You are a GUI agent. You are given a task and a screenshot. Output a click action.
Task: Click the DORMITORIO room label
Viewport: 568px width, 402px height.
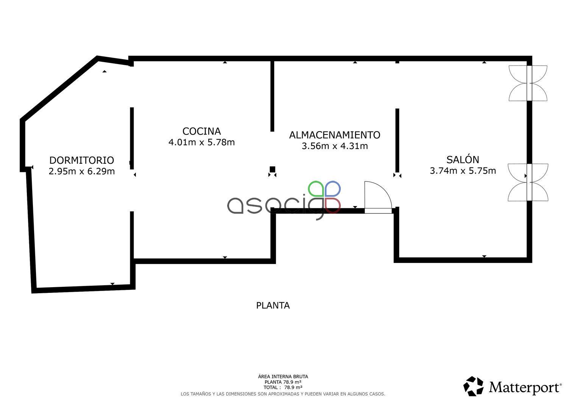82,160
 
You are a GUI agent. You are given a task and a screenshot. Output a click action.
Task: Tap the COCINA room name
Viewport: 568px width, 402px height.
201,131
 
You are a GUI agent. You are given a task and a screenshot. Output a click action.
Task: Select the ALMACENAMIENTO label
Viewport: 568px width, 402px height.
335,135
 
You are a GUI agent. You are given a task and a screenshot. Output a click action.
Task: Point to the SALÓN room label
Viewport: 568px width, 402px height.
463,159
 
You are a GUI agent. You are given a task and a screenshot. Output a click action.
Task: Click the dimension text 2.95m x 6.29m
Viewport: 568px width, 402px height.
82,171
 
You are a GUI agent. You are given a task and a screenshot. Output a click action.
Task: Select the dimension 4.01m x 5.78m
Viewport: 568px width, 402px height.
201,142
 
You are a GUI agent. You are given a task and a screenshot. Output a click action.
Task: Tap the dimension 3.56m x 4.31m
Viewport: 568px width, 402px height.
335,146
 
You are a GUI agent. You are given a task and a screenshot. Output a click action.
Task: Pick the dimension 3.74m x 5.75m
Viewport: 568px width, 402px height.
463,170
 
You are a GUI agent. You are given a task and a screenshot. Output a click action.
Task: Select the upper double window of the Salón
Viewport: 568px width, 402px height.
528,83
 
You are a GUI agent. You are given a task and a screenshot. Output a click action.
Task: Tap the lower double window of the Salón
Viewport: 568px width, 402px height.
528,183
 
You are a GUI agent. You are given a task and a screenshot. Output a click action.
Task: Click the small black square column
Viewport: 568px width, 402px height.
272,169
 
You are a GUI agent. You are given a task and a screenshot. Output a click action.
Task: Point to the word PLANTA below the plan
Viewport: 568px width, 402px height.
273,305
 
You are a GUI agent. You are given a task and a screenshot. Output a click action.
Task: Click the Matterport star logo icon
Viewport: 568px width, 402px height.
473,386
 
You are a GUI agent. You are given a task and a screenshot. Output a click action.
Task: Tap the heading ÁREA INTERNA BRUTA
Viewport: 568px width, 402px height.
283,377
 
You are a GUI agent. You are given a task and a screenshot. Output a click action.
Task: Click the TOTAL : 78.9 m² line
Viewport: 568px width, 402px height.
283,388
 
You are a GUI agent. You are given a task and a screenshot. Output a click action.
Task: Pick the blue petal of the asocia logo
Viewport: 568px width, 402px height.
333,189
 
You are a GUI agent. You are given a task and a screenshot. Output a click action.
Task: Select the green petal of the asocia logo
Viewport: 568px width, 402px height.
316,189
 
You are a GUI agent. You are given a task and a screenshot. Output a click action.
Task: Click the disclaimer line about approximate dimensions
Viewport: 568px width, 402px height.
283,394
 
